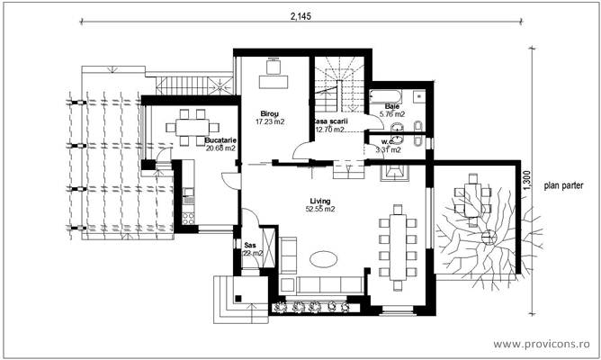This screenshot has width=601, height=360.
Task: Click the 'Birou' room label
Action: [269, 113]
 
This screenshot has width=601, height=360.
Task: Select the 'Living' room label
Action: [319, 201]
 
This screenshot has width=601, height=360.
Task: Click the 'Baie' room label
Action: [392, 107]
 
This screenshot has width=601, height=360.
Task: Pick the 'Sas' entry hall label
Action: [250, 244]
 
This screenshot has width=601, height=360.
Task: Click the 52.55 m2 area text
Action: [319, 209]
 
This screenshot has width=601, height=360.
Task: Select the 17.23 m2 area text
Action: [270, 121]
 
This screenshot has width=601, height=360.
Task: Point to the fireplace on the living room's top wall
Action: [395, 172]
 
